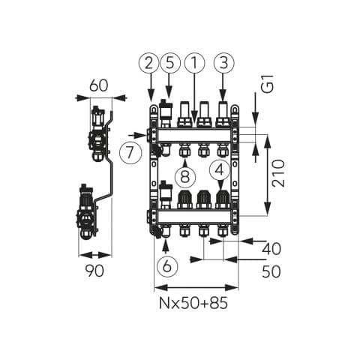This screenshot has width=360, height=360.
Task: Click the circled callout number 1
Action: click(194, 63)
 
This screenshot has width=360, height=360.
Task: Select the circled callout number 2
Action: click(149, 63)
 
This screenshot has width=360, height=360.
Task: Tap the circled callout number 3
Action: click(224, 63)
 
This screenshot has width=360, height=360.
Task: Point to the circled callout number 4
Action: click(220, 170)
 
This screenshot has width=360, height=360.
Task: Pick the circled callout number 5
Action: click(169, 63)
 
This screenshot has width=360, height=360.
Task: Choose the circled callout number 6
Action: click(167, 265)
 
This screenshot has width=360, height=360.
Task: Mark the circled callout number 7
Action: click(130, 153)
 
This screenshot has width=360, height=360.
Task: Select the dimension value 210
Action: click(279, 173)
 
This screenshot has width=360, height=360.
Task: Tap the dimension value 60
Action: click(99, 85)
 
